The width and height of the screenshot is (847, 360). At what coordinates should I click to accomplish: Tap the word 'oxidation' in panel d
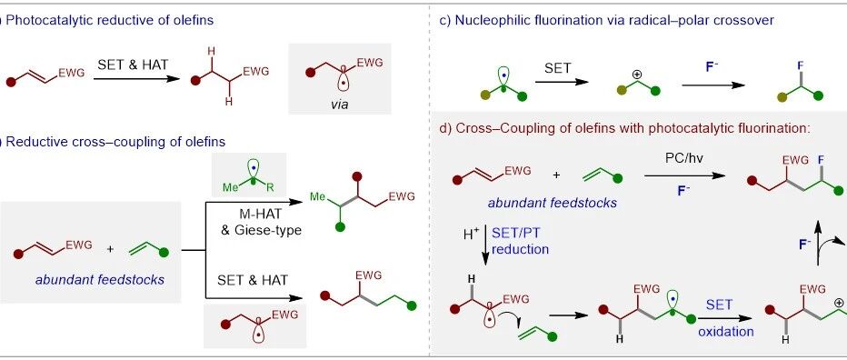(726, 332)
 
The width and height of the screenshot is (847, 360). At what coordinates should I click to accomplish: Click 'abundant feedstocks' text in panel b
(100, 280)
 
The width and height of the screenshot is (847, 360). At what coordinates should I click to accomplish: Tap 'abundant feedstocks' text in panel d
(552, 204)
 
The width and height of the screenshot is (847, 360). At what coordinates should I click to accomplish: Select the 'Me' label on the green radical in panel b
(231, 187)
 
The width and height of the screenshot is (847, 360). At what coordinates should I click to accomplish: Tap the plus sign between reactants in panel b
(111, 249)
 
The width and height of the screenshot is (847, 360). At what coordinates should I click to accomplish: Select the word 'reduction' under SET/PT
(520, 249)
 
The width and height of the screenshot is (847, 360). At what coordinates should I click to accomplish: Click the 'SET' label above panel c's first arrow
(556, 68)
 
